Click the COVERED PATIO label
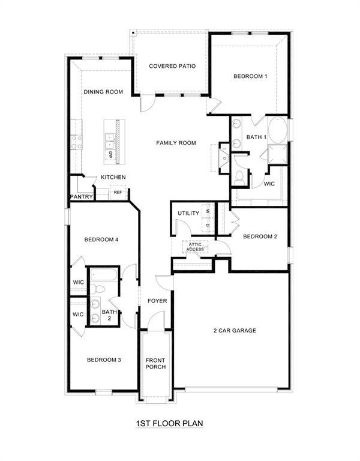click(x=173, y=66)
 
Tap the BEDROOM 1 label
click(x=250, y=76)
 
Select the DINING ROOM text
click(x=103, y=92)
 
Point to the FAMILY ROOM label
click(x=176, y=143)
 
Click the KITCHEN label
click(x=113, y=177)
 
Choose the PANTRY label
click(x=80, y=196)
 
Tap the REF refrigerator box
click(x=118, y=193)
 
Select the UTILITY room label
click(x=188, y=214)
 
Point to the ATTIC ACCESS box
click(x=196, y=247)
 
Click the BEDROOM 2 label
click(x=260, y=237)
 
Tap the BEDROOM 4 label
click(x=101, y=240)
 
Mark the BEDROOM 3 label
click(x=104, y=360)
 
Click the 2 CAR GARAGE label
click(x=235, y=330)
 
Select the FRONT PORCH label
click(x=155, y=363)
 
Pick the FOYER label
click(x=157, y=301)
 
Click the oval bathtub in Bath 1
click(x=277, y=130)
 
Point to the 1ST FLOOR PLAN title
click(x=169, y=423)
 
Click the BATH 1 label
click(x=256, y=137)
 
